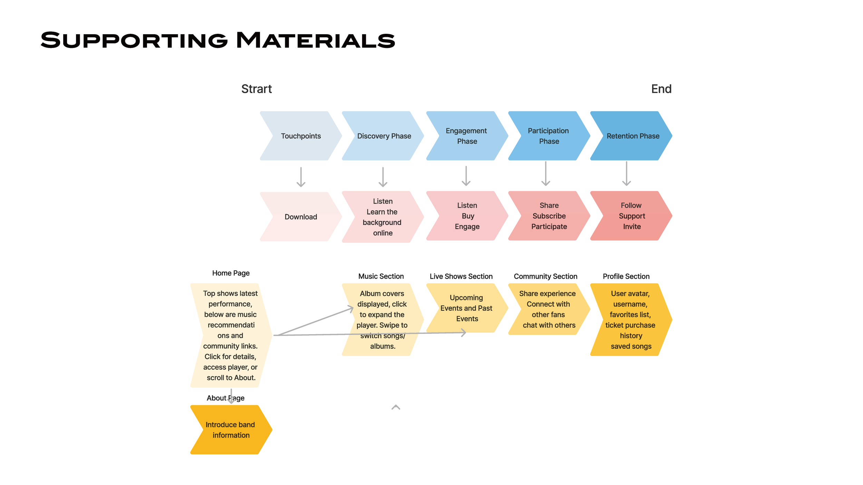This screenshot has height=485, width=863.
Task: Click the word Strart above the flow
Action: tap(256, 89)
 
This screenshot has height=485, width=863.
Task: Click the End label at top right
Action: tap(661, 89)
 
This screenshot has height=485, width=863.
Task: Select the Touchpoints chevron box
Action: tap(301, 136)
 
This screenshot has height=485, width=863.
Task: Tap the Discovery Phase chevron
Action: tap(384, 136)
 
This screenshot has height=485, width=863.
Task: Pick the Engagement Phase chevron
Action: tap(467, 136)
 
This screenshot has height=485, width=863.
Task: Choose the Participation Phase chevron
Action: tap(549, 136)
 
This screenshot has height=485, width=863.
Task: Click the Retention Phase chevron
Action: tap(632, 136)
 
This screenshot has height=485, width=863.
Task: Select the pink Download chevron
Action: tap(301, 217)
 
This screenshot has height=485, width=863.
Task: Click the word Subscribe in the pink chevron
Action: tap(549, 216)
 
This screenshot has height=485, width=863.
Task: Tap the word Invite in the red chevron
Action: tap(632, 227)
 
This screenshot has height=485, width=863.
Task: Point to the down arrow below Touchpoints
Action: tap(301, 177)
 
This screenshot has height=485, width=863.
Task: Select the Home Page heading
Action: tap(231, 273)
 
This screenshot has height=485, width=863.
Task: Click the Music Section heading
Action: tap(381, 276)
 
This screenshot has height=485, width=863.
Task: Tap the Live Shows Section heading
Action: tap(461, 276)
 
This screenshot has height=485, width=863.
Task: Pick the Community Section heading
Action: tap(545, 276)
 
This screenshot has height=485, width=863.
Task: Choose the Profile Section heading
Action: tap(626, 276)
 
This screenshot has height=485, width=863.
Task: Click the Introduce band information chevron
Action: tap(231, 430)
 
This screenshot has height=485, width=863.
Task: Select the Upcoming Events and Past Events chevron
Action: tap(466, 308)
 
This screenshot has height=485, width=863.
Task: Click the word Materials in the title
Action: tap(316, 40)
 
